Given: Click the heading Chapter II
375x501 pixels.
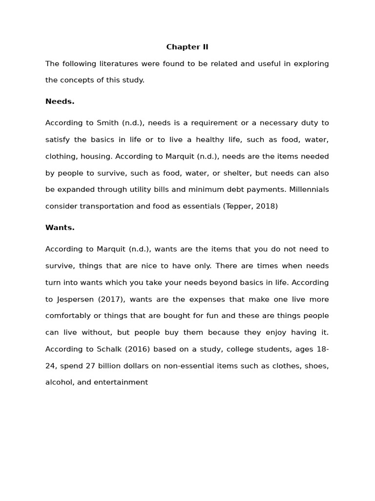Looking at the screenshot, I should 187,47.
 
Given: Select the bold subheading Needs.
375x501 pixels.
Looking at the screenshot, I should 60,101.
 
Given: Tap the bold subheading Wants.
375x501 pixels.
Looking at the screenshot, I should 60,228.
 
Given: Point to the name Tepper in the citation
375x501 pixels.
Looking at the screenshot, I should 238,206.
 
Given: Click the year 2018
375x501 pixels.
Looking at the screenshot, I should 266,206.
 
